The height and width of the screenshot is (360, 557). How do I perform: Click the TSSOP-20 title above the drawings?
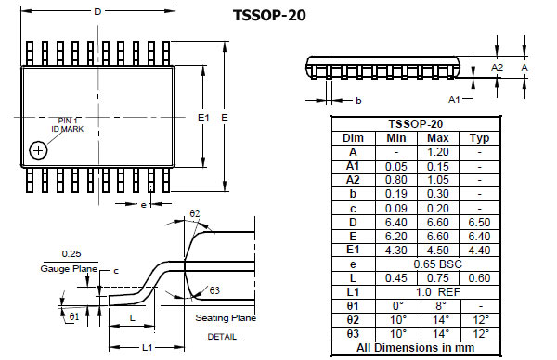[269, 15]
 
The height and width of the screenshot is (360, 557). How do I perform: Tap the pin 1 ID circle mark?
[38, 150]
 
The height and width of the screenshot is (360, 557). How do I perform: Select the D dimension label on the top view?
[97, 12]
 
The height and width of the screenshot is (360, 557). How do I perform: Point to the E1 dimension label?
[203, 117]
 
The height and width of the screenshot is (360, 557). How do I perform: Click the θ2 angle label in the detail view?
[195, 213]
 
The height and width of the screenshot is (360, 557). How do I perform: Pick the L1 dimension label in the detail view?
[147, 347]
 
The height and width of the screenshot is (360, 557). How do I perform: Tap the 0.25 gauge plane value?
[71, 254]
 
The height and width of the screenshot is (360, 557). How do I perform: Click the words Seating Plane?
[226, 317]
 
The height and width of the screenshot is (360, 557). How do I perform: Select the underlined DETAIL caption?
[222, 337]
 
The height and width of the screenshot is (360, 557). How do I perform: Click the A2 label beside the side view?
[497, 67]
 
